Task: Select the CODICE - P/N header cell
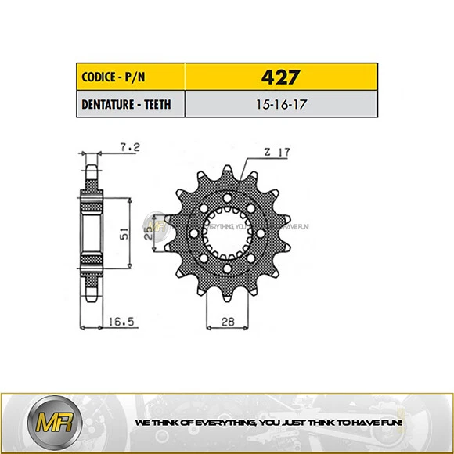point(130,77)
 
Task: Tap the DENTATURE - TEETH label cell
point(130,104)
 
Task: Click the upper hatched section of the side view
point(92,189)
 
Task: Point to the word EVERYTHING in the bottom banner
point(214,422)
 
